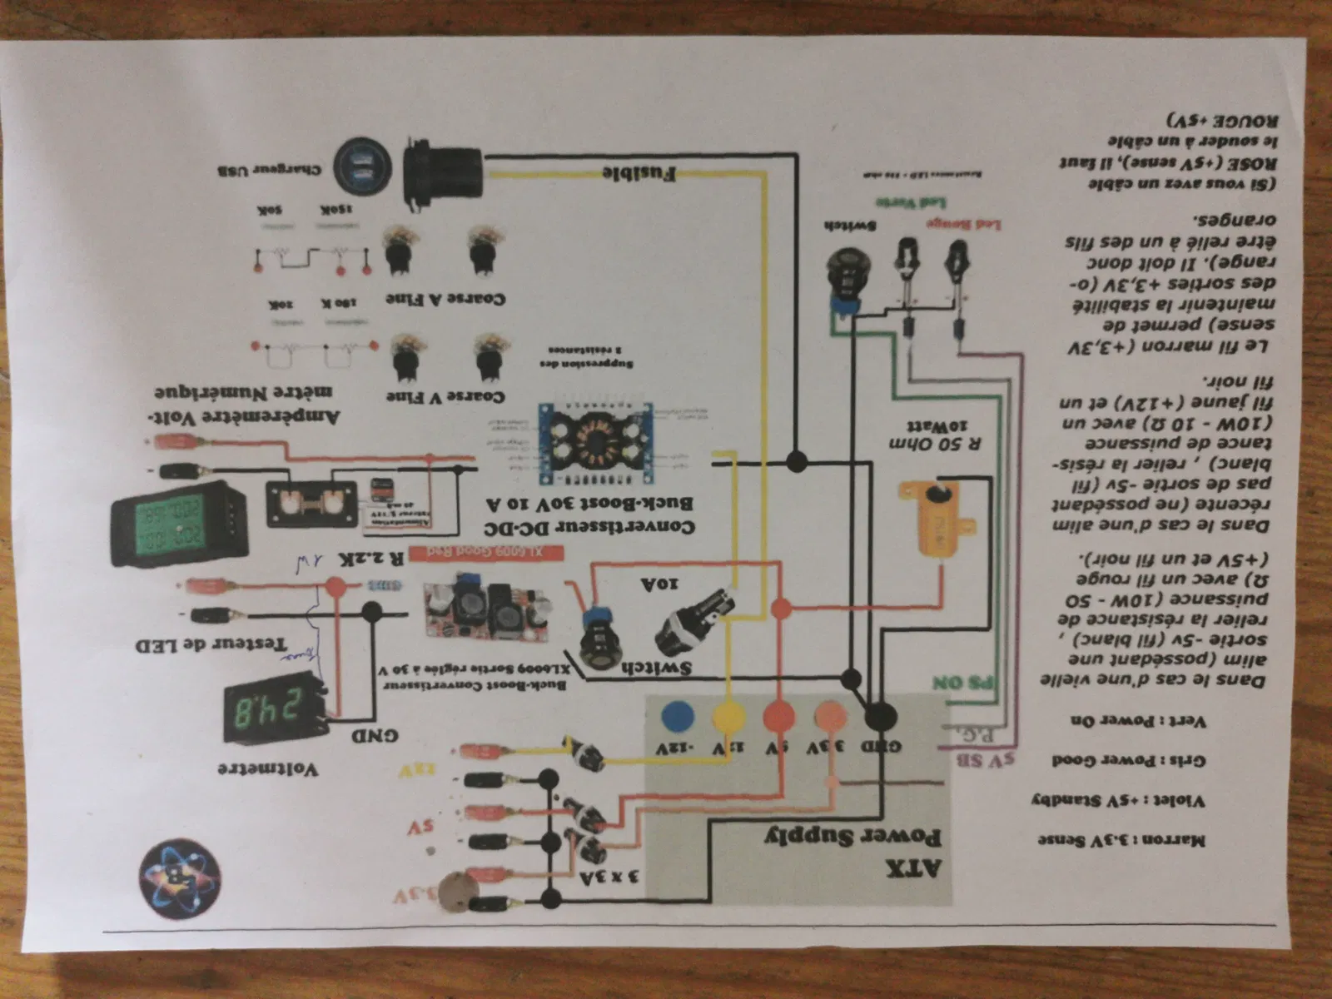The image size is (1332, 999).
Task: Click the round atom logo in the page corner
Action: [x=181, y=879]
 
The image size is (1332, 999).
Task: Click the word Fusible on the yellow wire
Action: [x=639, y=173]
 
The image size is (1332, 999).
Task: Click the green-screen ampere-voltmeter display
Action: [x=176, y=522]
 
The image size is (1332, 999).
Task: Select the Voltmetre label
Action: [x=268, y=768]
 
